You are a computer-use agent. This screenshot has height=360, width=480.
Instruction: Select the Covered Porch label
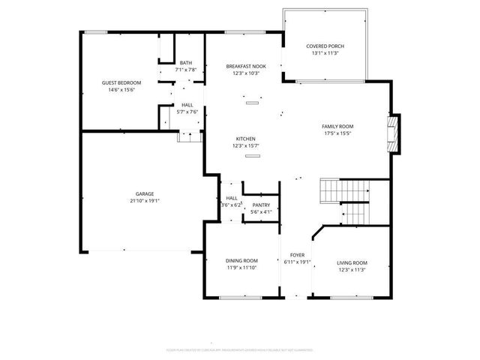325,46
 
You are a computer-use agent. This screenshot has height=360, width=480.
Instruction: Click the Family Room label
337,126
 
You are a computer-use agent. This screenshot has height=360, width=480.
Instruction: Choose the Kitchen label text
246,139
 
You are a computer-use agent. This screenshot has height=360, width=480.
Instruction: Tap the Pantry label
261,205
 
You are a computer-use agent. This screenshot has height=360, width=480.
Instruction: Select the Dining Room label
241,261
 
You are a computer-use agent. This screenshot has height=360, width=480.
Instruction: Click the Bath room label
185,63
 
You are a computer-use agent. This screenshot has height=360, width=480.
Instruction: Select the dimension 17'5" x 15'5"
337,133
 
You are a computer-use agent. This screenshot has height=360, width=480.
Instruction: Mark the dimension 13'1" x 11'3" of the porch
325,54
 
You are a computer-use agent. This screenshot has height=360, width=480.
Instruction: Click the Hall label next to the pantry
232,198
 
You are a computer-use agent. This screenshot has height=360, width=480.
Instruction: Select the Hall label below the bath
187,105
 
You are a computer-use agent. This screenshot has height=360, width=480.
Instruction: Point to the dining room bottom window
241,297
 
